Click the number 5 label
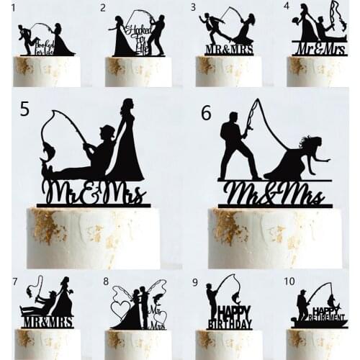(25, 109)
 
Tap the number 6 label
(207, 112)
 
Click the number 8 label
(106, 281)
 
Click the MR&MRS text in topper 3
(228, 50)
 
